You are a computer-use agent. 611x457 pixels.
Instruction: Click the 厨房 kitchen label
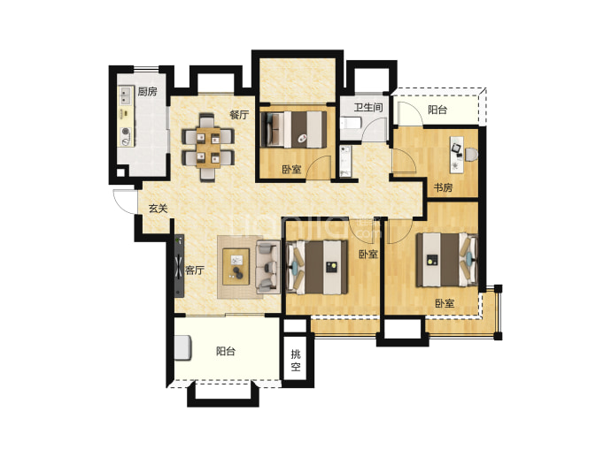click(147, 92)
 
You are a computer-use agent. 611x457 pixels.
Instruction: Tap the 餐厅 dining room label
click(239, 115)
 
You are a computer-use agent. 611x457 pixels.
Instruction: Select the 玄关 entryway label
click(158, 209)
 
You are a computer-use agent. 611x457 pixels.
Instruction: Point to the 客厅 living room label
click(195, 270)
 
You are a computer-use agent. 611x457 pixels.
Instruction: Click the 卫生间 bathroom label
click(367, 107)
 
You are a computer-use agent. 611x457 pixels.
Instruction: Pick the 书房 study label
click(443, 188)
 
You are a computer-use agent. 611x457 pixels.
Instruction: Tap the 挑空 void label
click(296, 360)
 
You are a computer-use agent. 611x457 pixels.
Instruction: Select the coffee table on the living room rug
click(236, 267)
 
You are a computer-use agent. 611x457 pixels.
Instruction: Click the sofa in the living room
click(267, 267)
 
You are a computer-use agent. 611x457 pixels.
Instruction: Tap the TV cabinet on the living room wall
click(179, 266)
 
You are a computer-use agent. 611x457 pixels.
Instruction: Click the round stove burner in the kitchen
click(125, 132)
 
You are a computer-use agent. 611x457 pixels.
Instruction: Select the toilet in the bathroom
click(351, 124)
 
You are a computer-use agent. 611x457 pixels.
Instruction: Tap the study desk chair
click(471, 155)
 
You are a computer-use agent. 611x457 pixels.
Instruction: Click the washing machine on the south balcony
click(182, 347)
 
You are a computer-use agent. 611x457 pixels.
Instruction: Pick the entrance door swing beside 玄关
click(124, 202)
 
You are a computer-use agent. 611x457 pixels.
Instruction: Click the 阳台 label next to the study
click(437, 110)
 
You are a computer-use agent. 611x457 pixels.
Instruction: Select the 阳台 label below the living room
click(226, 352)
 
